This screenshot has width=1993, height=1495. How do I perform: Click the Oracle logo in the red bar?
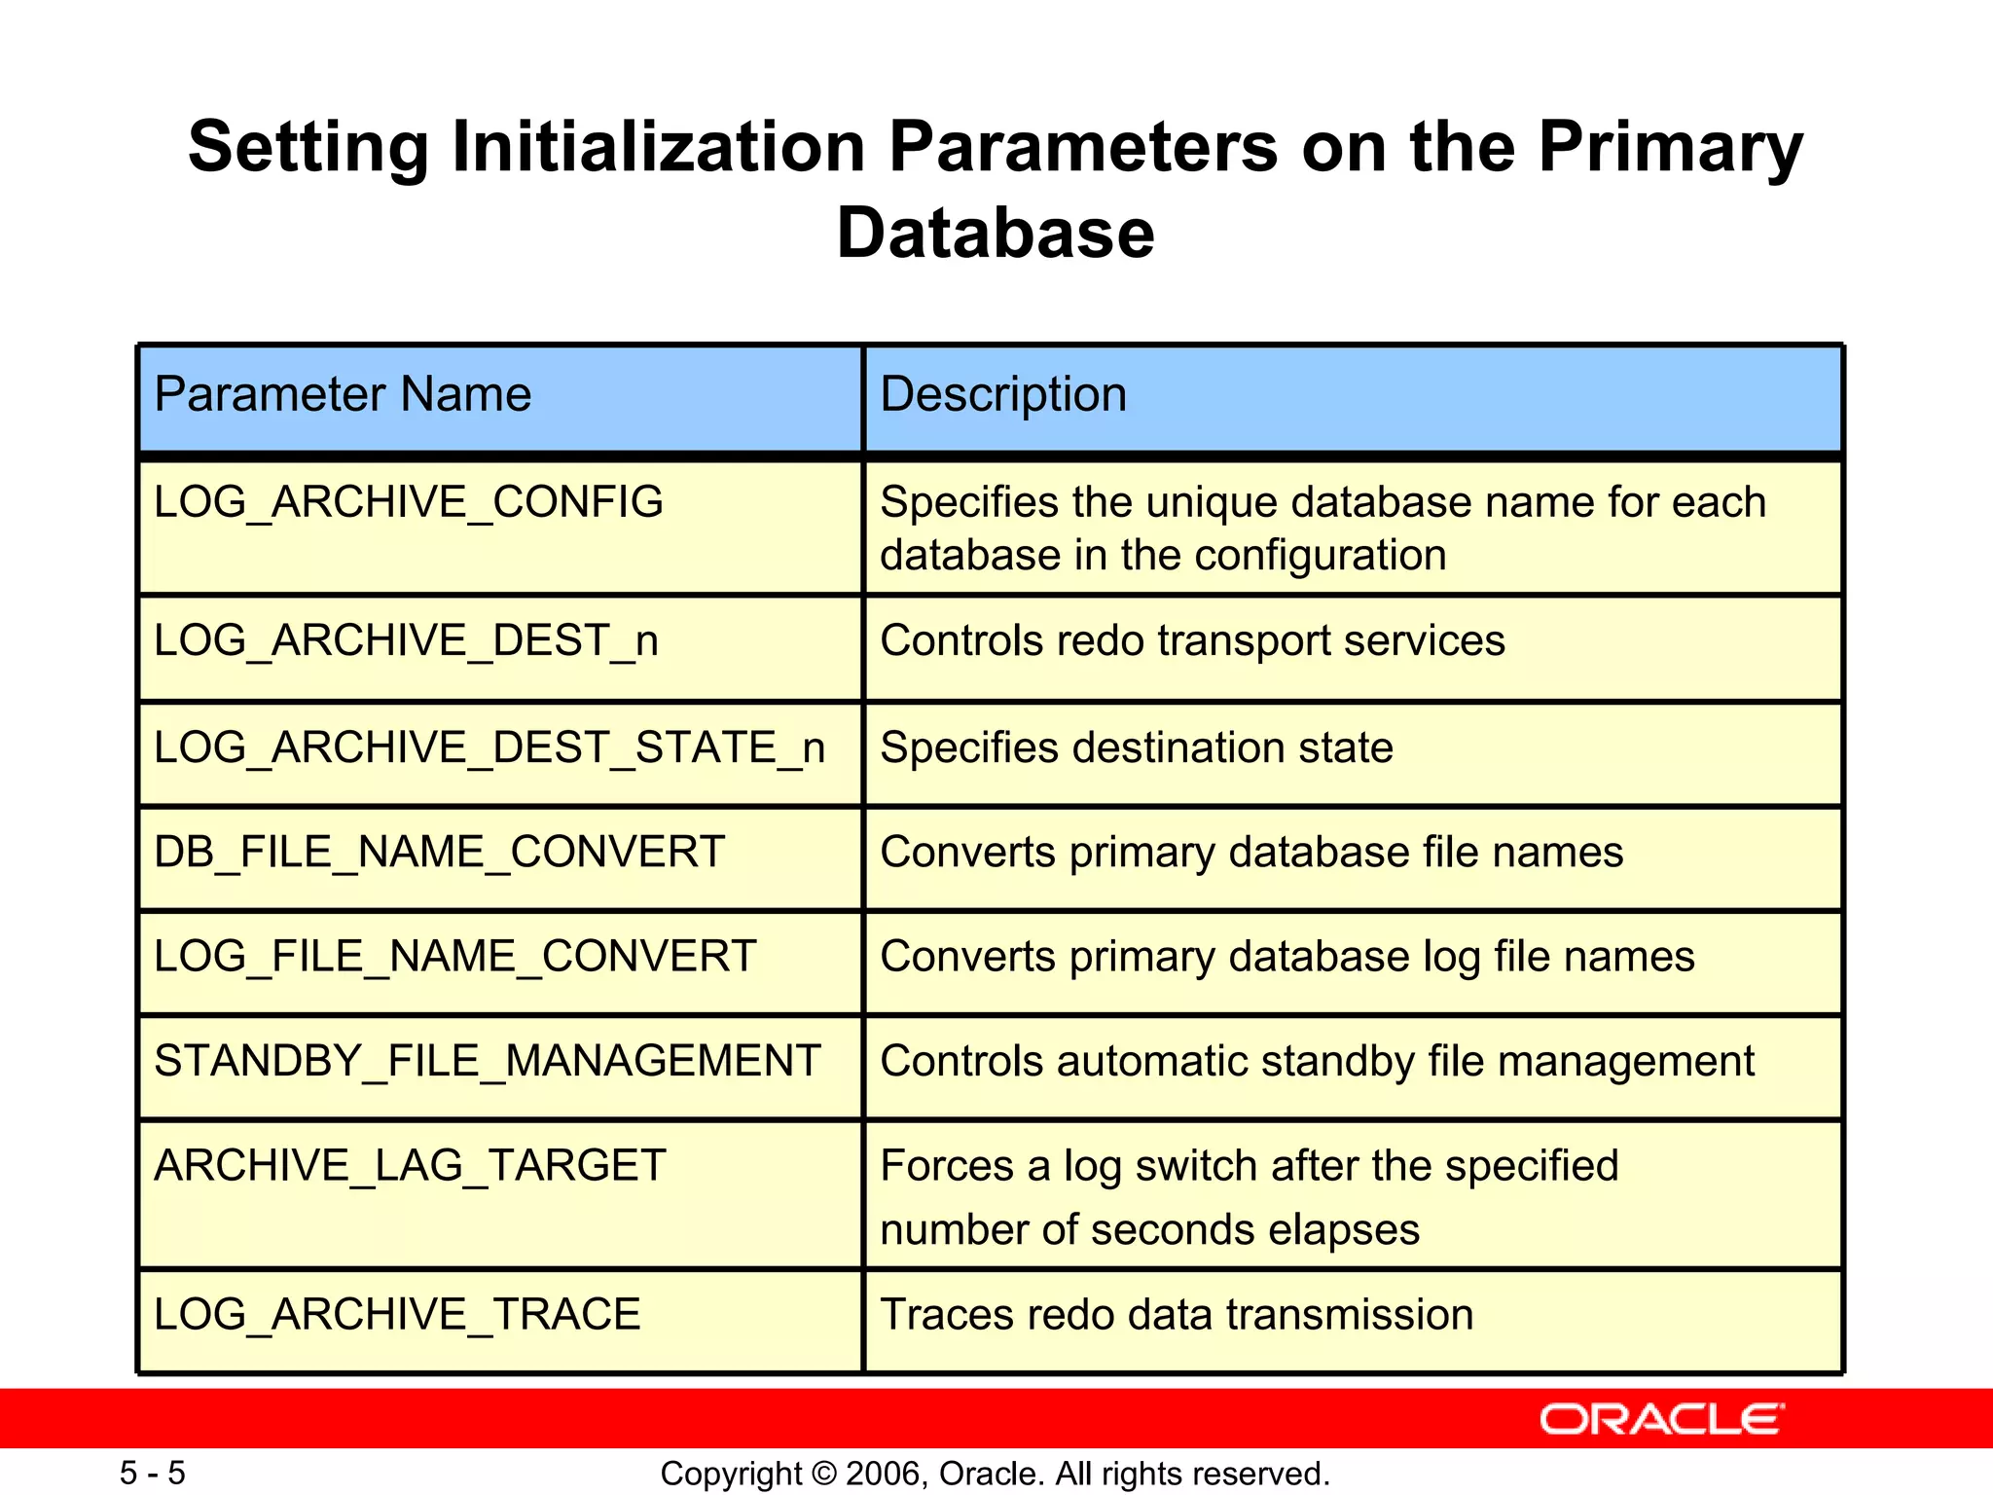pyautogui.click(x=1661, y=1419)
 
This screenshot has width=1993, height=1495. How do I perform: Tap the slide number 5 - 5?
pyautogui.click(x=153, y=1473)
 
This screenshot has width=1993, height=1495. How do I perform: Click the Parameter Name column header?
pyautogui.click(x=343, y=395)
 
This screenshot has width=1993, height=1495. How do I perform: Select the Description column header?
pyautogui.click(x=1003, y=395)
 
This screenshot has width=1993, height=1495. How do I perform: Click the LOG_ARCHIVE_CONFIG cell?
pyautogui.click(x=409, y=502)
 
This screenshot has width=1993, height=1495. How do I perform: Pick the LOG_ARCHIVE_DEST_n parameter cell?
pyautogui.click(x=406, y=640)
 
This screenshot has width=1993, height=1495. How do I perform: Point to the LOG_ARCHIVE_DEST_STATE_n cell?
pyautogui.click(x=489, y=747)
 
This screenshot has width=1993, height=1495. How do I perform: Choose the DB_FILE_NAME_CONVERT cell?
pyautogui.click(x=439, y=852)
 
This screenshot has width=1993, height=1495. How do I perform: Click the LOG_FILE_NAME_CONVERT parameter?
pyautogui.click(x=454, y=956)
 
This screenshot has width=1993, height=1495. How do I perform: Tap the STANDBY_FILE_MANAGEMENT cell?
pyautogui.click(x=488, y=1061)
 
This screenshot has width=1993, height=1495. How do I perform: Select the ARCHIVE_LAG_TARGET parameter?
pyautogui.click(x=410, y=1166)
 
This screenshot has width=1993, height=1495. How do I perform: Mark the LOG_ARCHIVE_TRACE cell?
pyautogui.click(x=397, y=1315)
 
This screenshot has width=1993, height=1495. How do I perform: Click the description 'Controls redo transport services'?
pyautogui.click(x=1192, y=640)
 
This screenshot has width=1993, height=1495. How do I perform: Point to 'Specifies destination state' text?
pyautogui.click(x=1136, y=747)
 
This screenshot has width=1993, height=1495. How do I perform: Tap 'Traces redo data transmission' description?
pyautogui.click(x=1177, y=1315)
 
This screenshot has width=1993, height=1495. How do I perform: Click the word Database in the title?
pyautogui.click(x=996, y=234)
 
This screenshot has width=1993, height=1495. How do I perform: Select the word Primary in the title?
pyautogui.click(x=1670, y=148)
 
